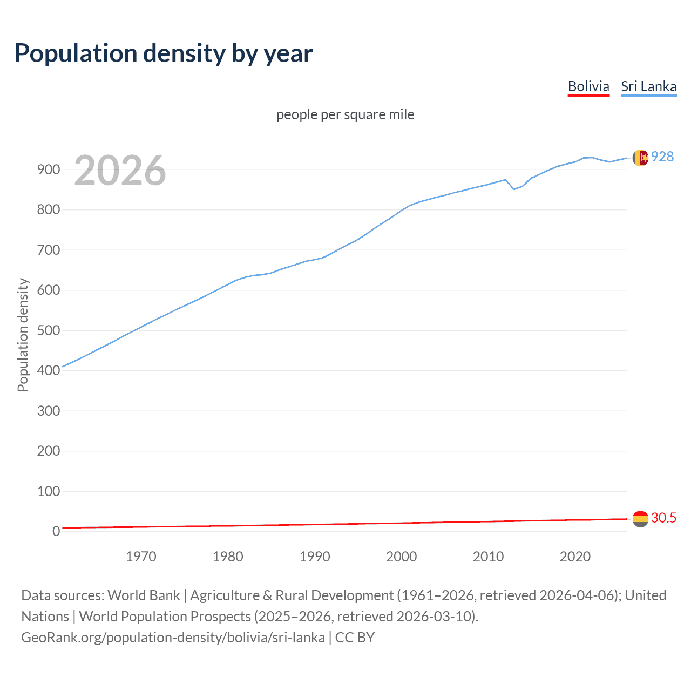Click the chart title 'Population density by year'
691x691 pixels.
[x=164, y=53]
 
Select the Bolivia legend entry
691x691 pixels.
[x=588, y=86]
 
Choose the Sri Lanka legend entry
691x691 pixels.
[x=648, y=86]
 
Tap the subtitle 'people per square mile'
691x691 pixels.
[x=345, y=114]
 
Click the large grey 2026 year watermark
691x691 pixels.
[x=120, y=171]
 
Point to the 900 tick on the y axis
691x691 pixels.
[x=49, y=170]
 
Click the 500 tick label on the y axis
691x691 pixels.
[x=49, y=330]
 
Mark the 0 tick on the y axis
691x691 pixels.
[x=56, y=531]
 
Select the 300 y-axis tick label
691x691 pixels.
[x=49, y=411]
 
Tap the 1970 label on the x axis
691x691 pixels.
[x=141, y=557]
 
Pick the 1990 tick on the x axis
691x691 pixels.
[x=315, y=557]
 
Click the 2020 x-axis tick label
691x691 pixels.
[x=575, y=557]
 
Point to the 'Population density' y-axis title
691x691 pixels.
[x=23, y=335]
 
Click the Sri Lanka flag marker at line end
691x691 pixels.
[x=640, y=158]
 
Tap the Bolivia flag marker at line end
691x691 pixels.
[x=640, y=519]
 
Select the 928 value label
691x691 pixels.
[x=662, y=157]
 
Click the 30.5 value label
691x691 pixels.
[x=663, y=518]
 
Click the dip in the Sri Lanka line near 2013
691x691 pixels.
[x=514, y=189]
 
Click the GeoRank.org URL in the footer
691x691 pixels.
[x=173, y=638]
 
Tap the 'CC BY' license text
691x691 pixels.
[x=355, y=638]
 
